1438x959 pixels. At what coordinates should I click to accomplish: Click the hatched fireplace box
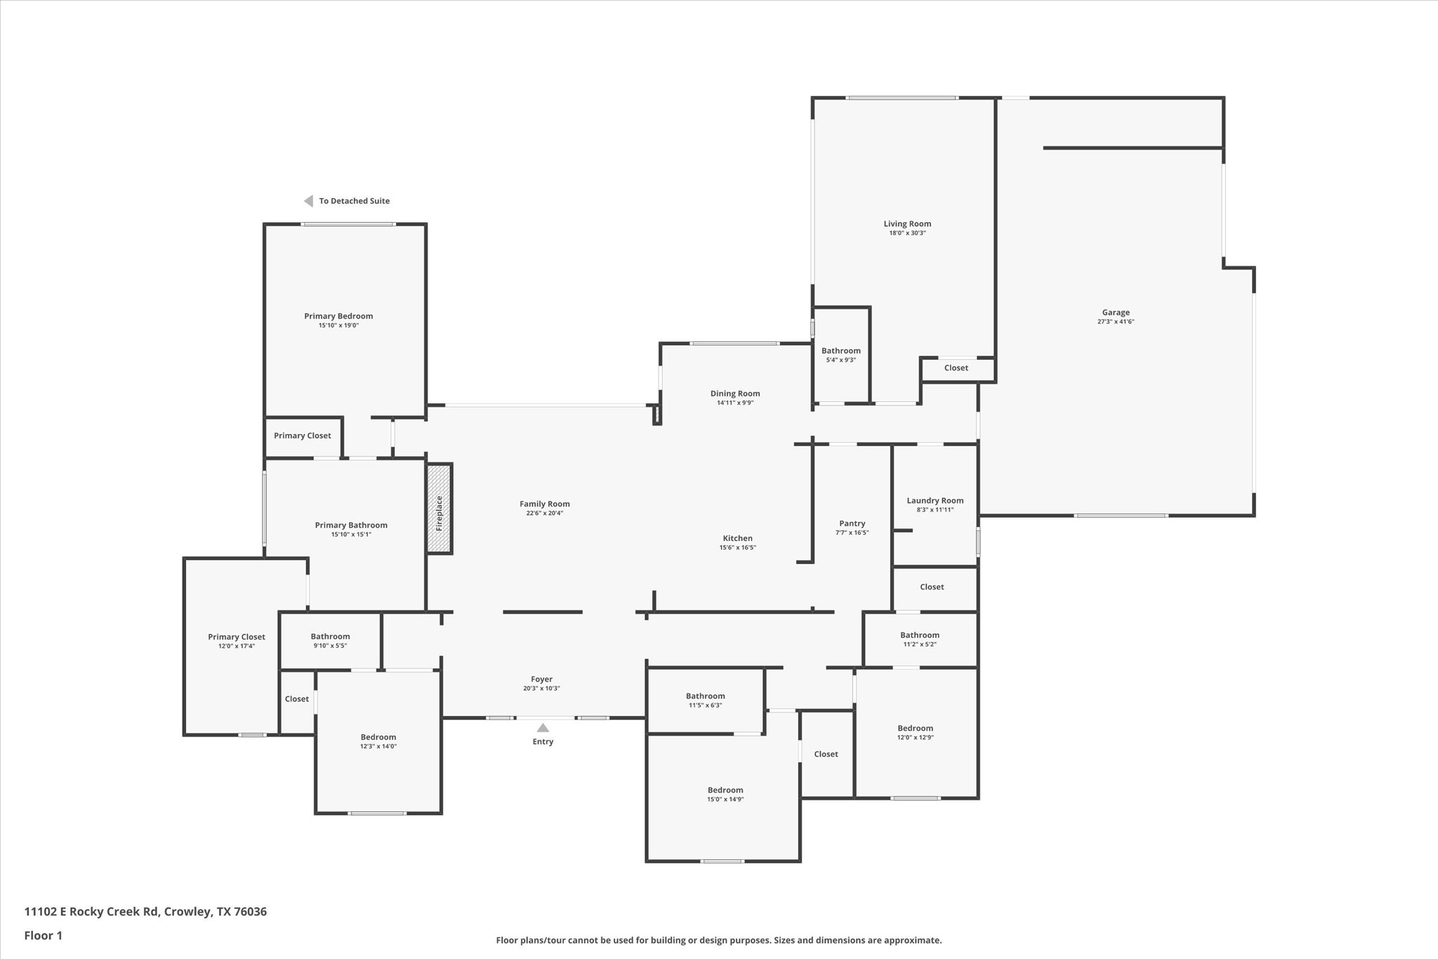coord(439,509)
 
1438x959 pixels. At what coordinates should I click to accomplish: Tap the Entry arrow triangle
coord(543,728)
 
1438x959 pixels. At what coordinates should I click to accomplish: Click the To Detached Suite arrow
coord(308,201)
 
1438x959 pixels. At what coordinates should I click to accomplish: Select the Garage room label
coord(1116,313)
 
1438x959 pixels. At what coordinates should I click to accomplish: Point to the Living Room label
coord(907,224)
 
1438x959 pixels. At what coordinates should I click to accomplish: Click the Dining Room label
coord(735,393)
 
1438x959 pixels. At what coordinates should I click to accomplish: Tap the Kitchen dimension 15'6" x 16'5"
coord(738,547)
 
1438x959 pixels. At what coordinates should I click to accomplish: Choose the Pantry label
coord(852,523)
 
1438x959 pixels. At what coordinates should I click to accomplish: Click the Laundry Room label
coord(935,501)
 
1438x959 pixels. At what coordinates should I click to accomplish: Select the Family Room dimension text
coord(545,513)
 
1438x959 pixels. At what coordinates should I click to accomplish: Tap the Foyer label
coord(542,679)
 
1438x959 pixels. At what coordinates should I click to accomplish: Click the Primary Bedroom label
coord(338,316)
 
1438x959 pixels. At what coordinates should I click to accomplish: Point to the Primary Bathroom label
coord(351,526)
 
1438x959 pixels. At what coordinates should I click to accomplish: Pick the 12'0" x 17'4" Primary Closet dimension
coord(237,646)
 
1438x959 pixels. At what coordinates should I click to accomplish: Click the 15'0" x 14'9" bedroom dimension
coord(725,799)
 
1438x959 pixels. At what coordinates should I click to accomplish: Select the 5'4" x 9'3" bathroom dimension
coord(841,360)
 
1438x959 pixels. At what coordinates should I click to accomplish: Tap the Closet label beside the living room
coord(956,368)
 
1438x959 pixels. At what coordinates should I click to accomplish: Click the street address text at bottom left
coord(145,912)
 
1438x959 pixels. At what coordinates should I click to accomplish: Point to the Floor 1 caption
coord(44,936)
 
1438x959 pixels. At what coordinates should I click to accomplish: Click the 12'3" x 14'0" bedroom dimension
coord(378,746)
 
